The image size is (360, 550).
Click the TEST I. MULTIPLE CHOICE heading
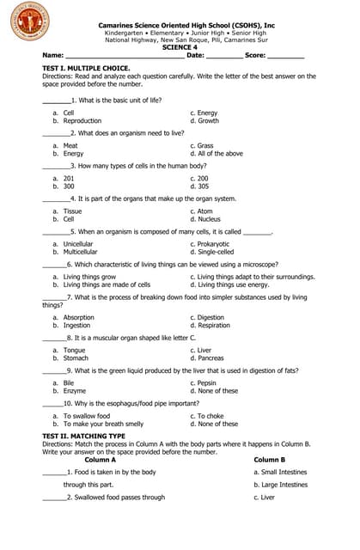click(x=86, y=67)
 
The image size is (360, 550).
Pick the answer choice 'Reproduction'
click(x=82, y=121)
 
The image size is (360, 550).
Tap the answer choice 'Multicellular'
click(x=81, y=252)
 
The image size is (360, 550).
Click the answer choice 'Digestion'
click(x=212, y=317)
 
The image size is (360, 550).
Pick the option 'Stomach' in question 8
click(x=76, y=358)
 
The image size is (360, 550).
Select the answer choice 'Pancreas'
click(x=212, y=358)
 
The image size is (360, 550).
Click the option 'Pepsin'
click(x=208, y=382)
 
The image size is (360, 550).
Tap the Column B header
click(x=269, y=460)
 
